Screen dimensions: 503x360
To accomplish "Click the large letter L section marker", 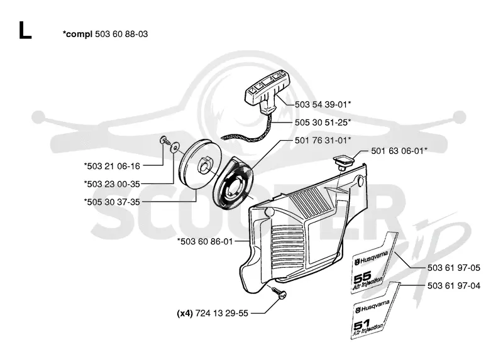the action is coord(25,30).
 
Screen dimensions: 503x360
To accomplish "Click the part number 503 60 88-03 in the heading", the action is coord(121,34).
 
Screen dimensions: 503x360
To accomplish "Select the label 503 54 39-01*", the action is coord(323,104).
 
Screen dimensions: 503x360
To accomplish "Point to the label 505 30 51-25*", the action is coord(323,123).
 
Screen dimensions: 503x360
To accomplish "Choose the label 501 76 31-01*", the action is coord(323,140).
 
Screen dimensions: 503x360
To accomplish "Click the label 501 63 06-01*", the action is coord(399,151).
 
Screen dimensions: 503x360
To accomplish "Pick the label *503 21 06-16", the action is coord(112,166).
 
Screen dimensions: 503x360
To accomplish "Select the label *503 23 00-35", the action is coord(112,184).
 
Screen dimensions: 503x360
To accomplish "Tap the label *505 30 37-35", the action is coord(112,202).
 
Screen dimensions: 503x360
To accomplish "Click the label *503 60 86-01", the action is coord(205,241).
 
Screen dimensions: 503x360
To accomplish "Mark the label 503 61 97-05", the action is coord(454,268).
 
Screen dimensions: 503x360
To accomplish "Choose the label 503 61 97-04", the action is coord(454,286).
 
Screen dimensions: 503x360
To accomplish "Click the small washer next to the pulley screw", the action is coord(175,147).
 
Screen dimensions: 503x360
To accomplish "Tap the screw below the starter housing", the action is coord(279,293).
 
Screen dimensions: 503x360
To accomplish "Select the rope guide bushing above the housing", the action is coord(343,161).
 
